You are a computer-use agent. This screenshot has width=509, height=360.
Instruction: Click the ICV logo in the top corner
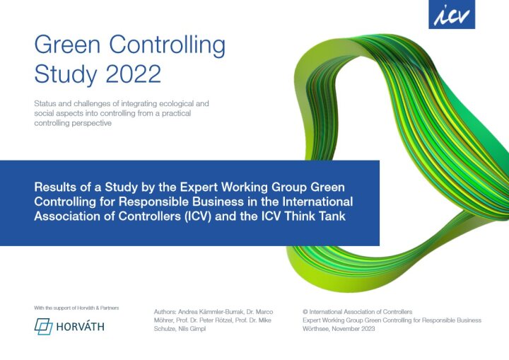452,14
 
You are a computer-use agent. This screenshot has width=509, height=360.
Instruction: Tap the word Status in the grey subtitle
44,103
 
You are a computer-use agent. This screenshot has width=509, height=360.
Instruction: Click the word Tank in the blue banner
330,216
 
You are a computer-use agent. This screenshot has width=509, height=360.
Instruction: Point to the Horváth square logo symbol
44,327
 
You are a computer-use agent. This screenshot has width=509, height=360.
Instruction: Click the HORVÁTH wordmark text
86,327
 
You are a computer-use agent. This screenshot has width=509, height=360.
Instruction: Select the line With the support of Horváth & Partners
77,308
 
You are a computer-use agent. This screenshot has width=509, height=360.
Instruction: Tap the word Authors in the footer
167,312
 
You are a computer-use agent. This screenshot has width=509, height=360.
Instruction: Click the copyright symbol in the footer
305,312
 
